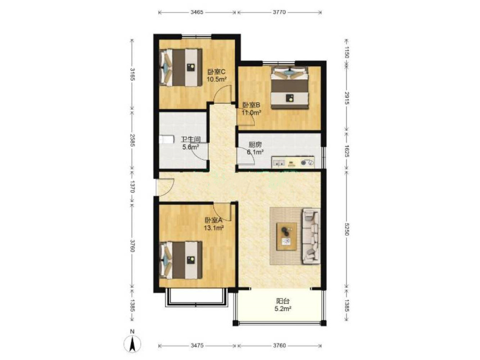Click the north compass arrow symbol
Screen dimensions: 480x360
coord(132,344)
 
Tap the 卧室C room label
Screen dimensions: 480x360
coord(216,72)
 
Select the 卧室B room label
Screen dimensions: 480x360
coord(252,105)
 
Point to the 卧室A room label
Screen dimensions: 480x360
coord(214,220)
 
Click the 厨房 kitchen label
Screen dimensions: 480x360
coord(255,144)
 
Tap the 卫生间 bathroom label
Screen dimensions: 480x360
coord(191,140)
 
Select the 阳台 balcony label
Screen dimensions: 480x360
coord(283,301)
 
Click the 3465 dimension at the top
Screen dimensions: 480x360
coord(197,12)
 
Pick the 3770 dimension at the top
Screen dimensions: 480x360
coord(279,12)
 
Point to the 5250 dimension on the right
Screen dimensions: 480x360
coord(347,228)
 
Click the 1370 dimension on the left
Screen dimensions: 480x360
coord(132,186)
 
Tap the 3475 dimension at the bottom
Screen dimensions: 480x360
coord(197,346)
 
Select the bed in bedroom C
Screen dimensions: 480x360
coord(181,67)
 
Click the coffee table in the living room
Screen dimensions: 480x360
coord(287,237)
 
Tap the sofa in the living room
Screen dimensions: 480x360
coord(312,236)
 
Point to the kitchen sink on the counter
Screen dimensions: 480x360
coord(278,163)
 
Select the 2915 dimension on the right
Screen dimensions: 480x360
coord(347,98)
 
